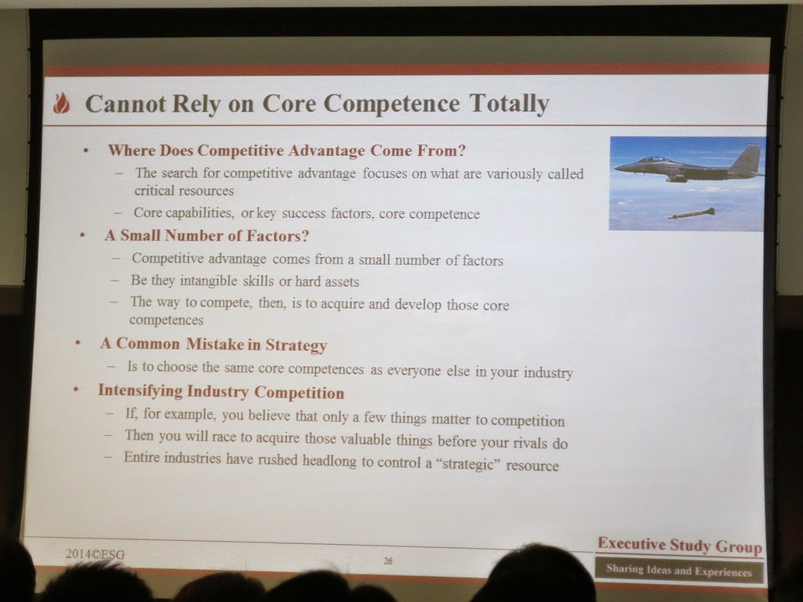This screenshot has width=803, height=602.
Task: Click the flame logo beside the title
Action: [61, 103]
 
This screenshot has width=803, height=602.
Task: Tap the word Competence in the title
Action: [391, 103]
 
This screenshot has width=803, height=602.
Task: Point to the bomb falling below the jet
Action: [692, 213]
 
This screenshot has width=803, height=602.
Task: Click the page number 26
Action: [388, 561]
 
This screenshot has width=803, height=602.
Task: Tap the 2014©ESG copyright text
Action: [95, 554]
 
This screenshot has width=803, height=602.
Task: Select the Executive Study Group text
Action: [680, 546]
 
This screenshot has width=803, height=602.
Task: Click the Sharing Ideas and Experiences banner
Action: [679, 571]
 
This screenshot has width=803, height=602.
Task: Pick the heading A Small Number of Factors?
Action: [207, 235]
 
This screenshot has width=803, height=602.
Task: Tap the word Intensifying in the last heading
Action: [140, 390]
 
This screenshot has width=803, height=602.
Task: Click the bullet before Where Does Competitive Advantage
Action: [86, 150]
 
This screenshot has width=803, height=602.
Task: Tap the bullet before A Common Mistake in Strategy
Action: [78, 343]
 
